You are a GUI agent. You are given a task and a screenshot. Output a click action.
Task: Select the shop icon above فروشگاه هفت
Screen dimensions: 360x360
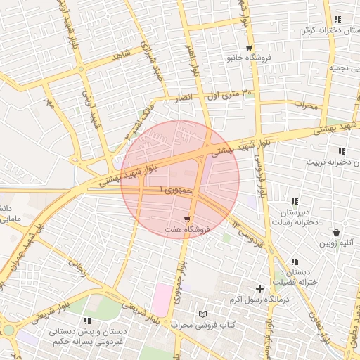click(186, 219)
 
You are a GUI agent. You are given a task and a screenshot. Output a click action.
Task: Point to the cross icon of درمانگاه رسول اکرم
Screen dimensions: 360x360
click(260, 288)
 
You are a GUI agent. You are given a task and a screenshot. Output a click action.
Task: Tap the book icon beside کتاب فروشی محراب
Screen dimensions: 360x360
click(204, 314)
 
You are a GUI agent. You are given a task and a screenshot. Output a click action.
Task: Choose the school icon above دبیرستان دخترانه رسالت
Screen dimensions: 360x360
click(294, 202)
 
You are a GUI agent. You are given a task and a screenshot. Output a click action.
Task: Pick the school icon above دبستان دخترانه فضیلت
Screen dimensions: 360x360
click(294, 262)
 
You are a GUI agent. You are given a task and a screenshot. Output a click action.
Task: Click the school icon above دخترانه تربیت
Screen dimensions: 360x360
click(341, 151)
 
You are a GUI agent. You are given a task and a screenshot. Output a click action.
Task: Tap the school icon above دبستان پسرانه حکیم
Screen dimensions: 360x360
click(86, 321)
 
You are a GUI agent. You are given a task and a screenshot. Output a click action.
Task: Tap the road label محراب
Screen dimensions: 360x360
click(307, 105)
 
